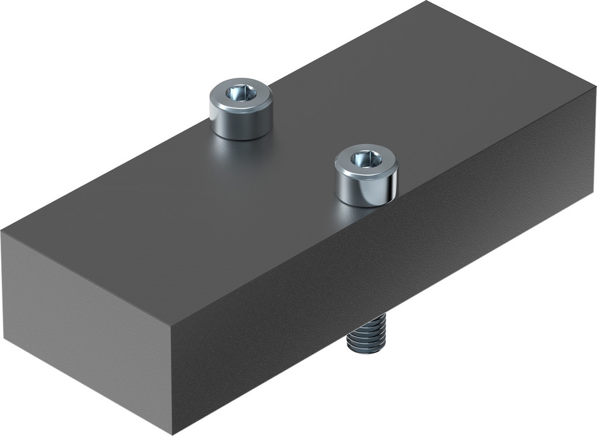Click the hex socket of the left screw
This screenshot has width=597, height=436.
(241, 93)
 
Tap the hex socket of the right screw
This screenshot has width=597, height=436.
(366, 159)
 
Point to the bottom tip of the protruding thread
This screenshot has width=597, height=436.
(365, 352)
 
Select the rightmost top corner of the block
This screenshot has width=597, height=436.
(595, 88)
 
